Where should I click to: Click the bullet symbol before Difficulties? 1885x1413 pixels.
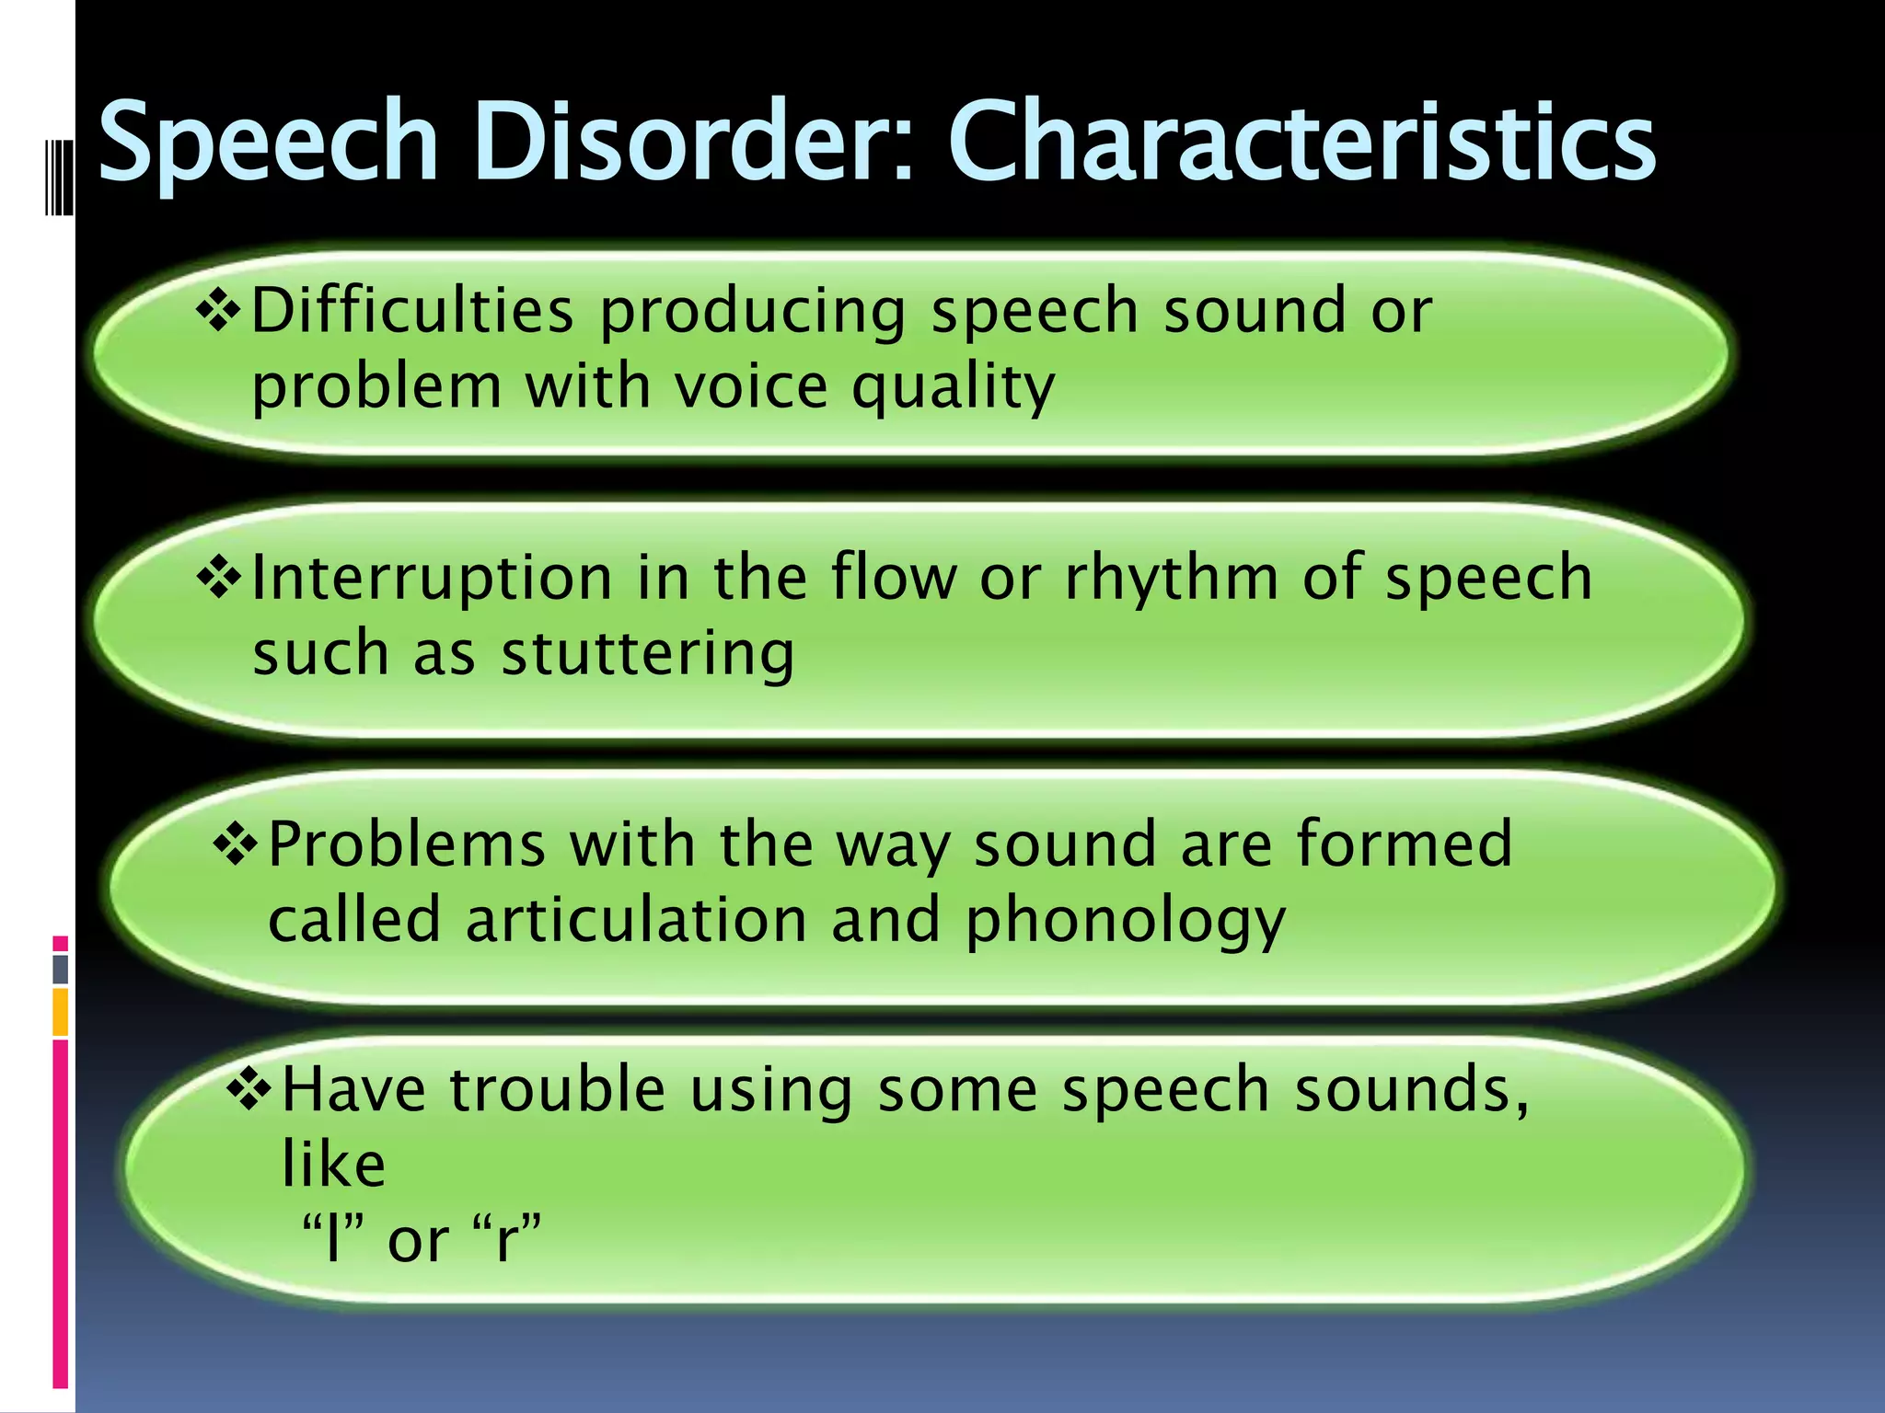[218, 311]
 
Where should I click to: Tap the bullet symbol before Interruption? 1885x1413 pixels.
[219, 579]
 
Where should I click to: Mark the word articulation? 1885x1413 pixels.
[636, 921]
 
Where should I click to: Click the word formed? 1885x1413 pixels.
[1404, 844]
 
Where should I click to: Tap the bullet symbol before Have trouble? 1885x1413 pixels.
[249, 1088]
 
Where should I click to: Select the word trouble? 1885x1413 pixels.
[558, 1089]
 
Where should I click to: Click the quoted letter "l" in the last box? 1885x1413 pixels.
[334, 1238]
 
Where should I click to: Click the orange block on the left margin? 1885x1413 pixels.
[61, 1013]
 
